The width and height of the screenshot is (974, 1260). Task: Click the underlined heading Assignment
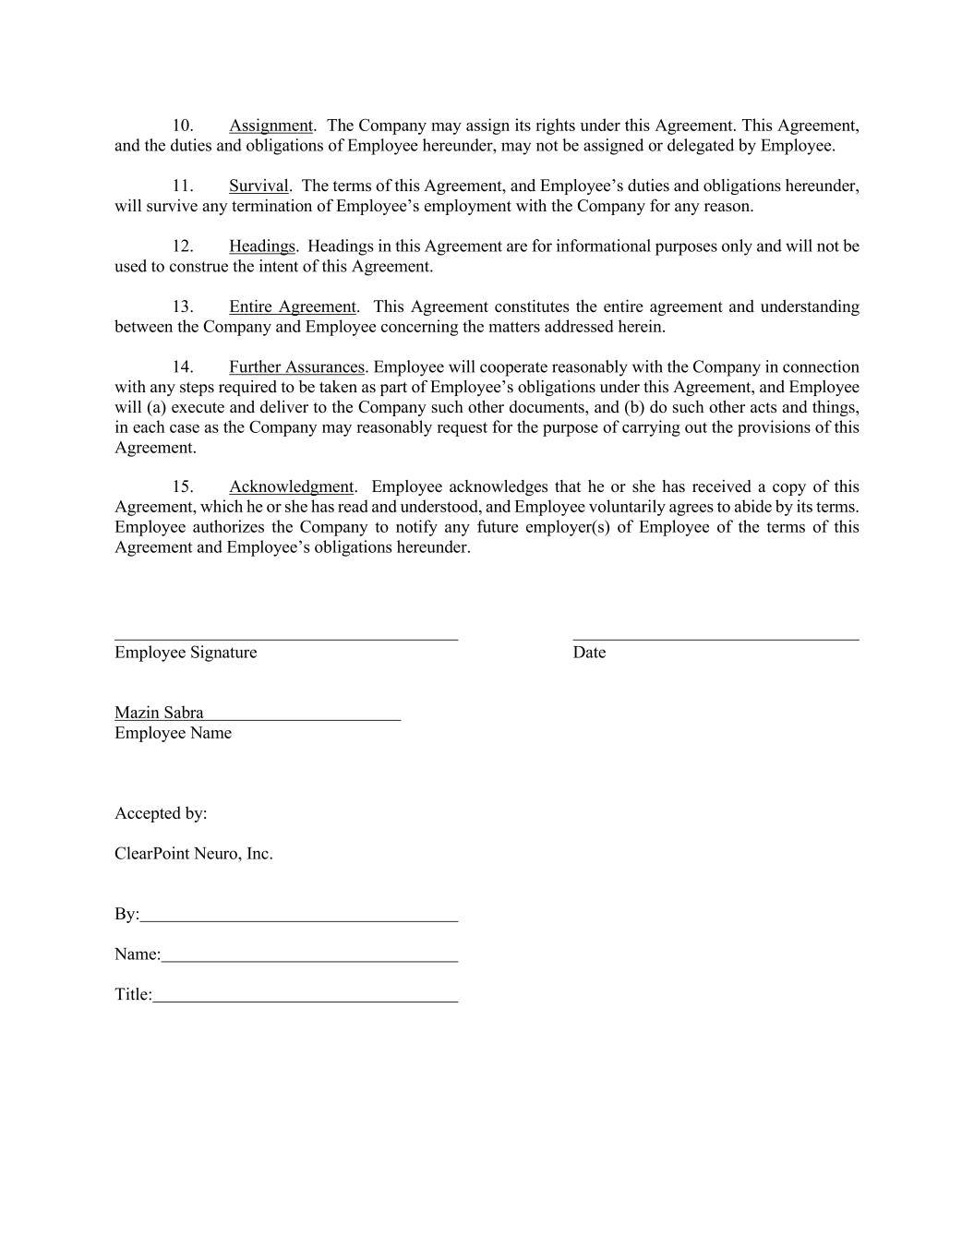(x=271, y=126)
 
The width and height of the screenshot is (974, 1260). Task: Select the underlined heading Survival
(x=259, y=186)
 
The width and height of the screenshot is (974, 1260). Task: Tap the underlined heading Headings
(x=262, y=246)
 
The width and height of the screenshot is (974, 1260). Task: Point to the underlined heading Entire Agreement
(x=293, y=306)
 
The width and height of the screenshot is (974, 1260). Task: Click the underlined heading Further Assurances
(x=296, y=367)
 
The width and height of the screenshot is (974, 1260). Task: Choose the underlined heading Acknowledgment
(x=291, y=486)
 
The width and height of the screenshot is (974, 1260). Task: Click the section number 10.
(x=183, y=126)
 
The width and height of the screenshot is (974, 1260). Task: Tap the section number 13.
(x=183, y=306)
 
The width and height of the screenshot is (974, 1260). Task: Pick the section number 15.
(x=183, y=486)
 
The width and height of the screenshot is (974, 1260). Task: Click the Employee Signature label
(x=186, y=653)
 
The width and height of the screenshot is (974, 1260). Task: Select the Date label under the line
(x=589, y=653)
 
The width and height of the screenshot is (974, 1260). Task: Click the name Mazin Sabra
(x=159, y=713)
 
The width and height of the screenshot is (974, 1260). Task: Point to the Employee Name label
(x=173, y=733)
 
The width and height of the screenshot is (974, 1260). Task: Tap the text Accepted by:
(x=161, y=813)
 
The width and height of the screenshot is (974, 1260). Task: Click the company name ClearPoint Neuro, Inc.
(x=194, y=854)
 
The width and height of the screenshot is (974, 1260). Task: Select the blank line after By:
(x=299, y=919)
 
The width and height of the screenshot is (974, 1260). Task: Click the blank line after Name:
(x=309, y=960)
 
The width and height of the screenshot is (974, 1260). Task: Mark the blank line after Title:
(x=305, y=1001)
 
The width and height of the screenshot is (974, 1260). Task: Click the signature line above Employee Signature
(x=286, y=637)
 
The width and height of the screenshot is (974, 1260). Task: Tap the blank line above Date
(x=715, y=637)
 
